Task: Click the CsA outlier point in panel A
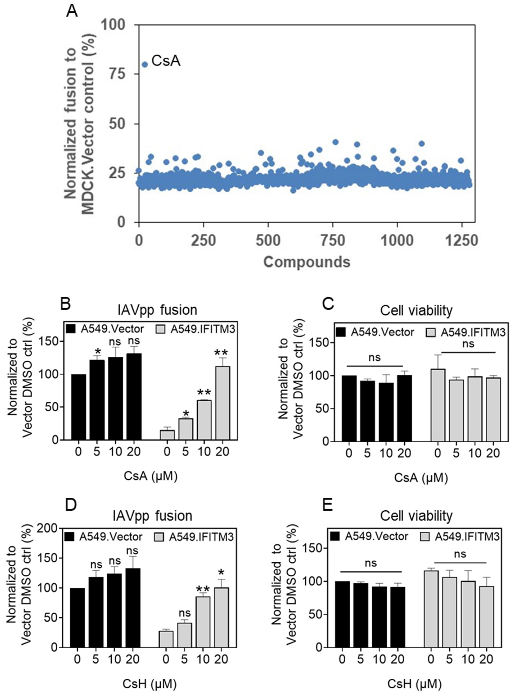[145, 64]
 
